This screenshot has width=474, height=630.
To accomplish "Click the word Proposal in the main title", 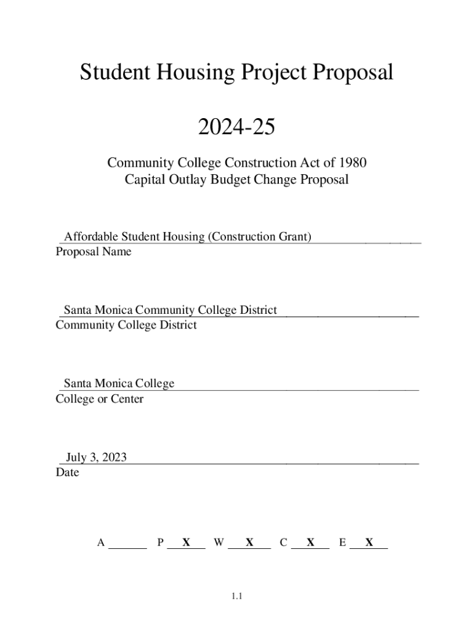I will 353,74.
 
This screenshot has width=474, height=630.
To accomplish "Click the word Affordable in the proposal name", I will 91,236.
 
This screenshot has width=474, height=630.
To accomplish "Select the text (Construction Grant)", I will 259,236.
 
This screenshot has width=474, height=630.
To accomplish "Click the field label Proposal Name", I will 93,252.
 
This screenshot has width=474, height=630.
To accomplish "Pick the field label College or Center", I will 99,399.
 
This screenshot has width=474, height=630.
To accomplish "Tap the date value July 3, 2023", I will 96,457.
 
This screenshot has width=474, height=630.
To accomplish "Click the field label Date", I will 67,473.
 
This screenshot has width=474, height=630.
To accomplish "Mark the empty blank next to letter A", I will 128,543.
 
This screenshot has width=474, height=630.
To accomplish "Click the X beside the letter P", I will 185,543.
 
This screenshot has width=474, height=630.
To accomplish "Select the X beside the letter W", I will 249,543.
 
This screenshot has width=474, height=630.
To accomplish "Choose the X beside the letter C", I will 310,543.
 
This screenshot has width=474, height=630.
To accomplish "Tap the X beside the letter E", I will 369,543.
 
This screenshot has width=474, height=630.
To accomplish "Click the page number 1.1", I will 238,596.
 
